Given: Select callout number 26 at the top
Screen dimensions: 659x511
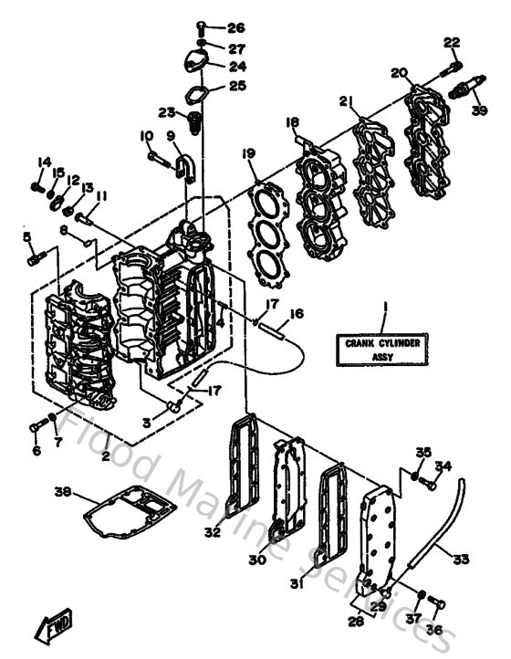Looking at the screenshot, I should (236, 26).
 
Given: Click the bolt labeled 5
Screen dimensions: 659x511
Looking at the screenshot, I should (33, 258).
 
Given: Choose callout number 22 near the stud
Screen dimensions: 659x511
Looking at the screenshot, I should (453, 41).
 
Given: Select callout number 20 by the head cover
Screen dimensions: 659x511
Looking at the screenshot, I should (398, 73).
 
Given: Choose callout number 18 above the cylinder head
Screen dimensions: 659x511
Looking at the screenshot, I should (292, 122).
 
